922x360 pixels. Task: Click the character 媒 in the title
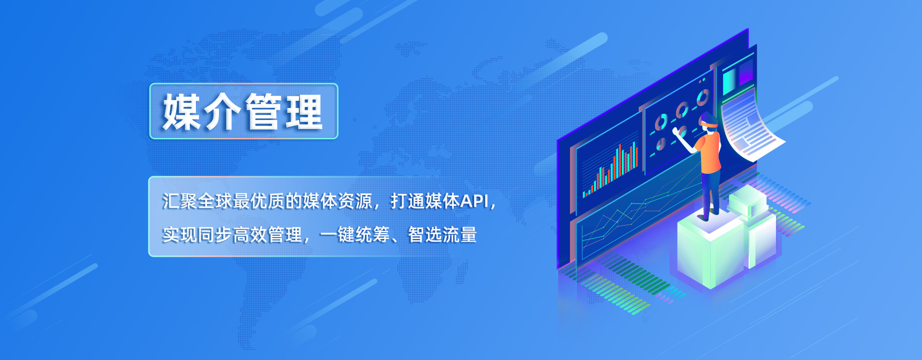[x=181, y=112]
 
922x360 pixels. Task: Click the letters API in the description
[x=474, y=201]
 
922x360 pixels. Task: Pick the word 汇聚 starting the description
[x=180, y=201]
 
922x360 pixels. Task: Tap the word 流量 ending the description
[x=460, y=235]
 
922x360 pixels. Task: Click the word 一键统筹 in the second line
[x=354, y=235]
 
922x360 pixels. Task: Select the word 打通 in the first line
[x=408, y=201]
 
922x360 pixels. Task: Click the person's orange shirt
[x=710, y=153]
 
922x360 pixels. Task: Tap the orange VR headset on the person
[x=709, y=124]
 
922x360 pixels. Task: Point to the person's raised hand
[x=676, y=131]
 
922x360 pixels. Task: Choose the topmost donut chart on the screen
[x=703, y=97]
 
